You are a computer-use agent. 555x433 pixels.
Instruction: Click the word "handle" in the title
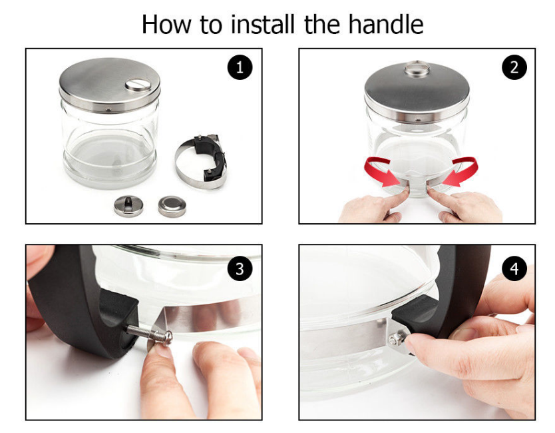[386, 24]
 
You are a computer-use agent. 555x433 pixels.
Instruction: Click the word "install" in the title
[263, 24]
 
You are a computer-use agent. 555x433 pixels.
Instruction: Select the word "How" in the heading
[166, 25]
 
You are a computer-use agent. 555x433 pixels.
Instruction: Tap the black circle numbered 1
[240, 67]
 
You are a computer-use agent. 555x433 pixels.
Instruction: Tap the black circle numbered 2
[514, 67]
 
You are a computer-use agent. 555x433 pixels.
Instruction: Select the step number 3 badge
[240, 268]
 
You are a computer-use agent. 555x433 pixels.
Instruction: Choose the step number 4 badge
[514, 268]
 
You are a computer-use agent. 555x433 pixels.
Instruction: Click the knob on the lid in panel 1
[138, 85]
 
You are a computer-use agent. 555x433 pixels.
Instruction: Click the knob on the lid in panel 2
[417, 69]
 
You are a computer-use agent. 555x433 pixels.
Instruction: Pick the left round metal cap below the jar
[128, 206]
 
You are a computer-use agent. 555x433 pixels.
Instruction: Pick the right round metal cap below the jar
[172, 207]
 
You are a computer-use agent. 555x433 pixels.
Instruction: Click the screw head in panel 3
[166, 338]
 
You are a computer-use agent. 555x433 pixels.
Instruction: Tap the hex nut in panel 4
[395, 340]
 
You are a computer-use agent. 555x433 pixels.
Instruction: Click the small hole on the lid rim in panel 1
[109, 109]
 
